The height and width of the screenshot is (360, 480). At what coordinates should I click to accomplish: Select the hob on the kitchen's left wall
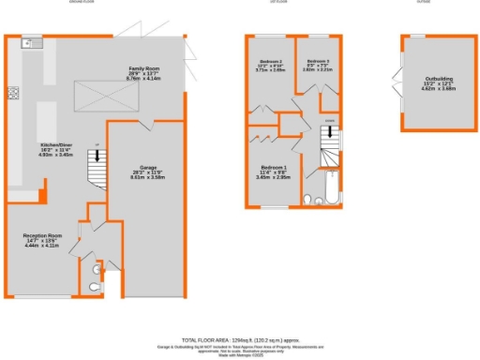click(14, 93)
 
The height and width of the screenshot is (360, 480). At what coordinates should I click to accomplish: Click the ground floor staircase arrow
click(97, 159)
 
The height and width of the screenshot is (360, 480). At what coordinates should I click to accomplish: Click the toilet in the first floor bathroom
click(309, 198)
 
